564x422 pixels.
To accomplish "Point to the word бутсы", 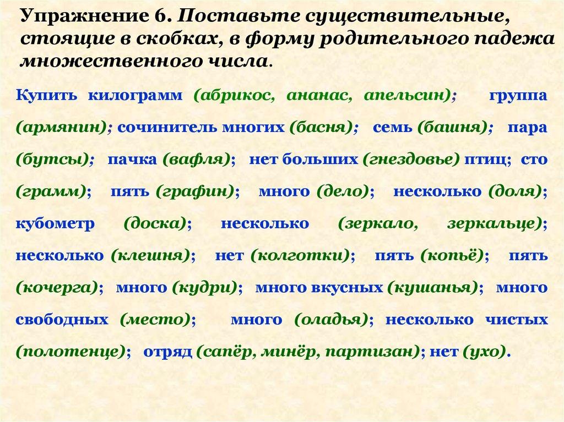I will click(x=52, y=160).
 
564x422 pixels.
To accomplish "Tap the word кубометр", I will click(x=55, y=224).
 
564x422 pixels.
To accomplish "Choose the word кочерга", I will click(x=57, y=288).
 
